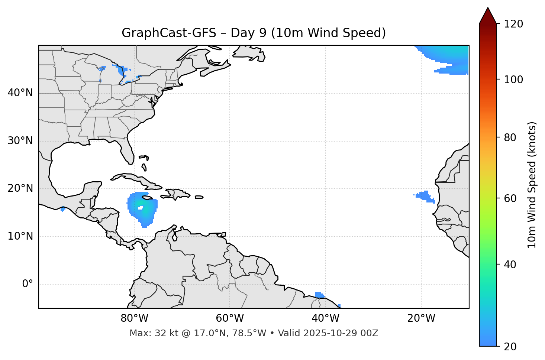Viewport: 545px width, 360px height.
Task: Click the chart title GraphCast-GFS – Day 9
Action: tap(254, 33)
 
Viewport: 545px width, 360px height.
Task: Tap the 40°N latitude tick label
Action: tap(20, 93)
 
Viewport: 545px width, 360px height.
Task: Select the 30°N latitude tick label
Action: tap(20, 141)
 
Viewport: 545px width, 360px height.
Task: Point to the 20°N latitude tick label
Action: tap(20, 188)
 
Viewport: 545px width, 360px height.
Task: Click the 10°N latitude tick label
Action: tap(20, 236)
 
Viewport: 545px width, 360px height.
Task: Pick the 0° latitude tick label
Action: tap(28, 284)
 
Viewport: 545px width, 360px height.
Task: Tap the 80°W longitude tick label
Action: tap(134, 318)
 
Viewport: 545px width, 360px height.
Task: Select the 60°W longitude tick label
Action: tap(230, 318)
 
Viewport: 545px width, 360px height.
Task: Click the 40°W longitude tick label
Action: tap(325, 318)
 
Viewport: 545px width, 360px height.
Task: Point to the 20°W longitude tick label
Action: tap(421, 318)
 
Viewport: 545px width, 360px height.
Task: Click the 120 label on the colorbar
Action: tap(513, 24)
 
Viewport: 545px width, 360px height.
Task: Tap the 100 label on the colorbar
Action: tap(513, 80)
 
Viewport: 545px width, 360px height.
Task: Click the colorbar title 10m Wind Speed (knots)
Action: tap(532, 185)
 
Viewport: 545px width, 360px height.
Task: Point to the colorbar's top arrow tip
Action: tap(488, 8)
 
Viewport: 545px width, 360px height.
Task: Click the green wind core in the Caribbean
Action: tap(142, 209)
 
